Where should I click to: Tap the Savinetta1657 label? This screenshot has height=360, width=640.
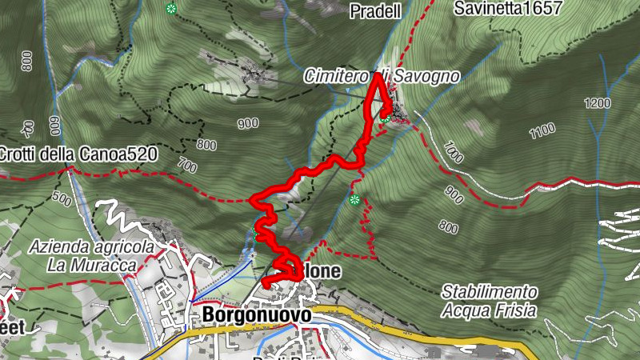[x=507, y=9]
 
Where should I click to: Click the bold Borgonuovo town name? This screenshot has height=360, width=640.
[x=256, y=316]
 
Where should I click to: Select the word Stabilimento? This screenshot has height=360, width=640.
[x=489, y=292]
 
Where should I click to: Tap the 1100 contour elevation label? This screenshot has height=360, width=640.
[x=542, y=129]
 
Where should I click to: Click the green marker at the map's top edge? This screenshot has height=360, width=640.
[x=170, y=9]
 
